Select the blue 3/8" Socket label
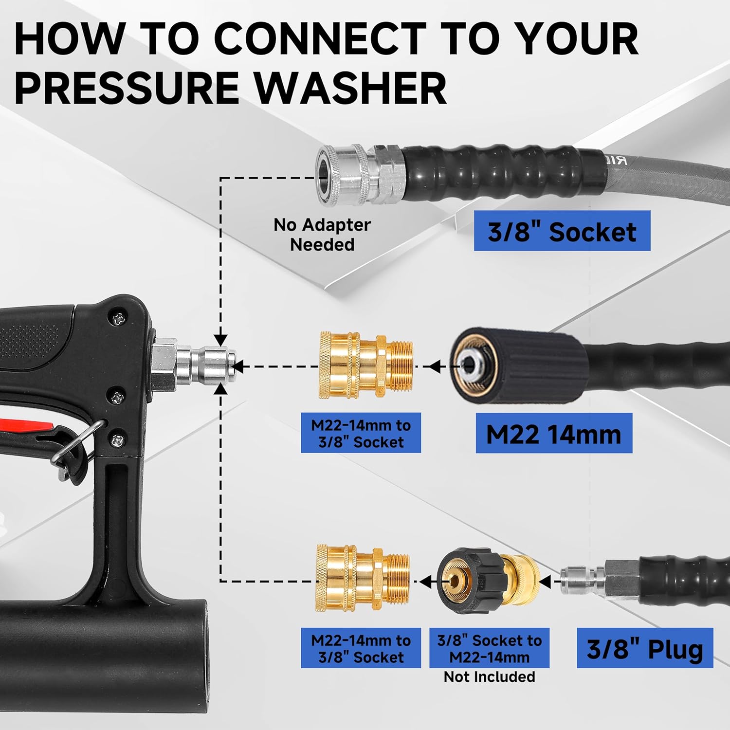(562, 231)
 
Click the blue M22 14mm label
(553, 434)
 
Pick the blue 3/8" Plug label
(644, 648)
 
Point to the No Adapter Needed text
(322, 234)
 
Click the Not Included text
(489, 676)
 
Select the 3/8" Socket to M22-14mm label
(489, 648)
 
